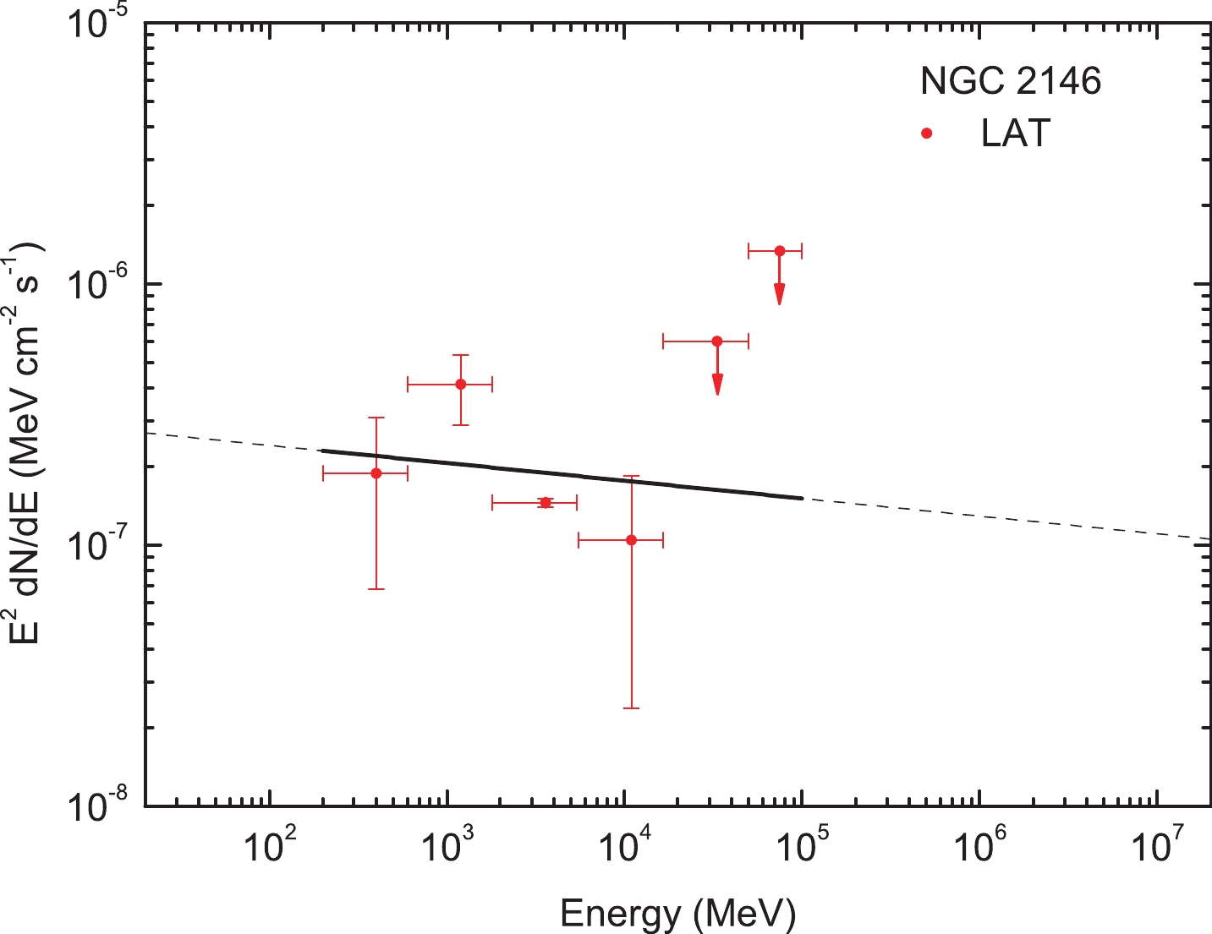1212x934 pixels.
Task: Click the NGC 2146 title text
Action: [x=1011, y=81]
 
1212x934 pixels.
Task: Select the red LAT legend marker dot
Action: [x=927, y=134]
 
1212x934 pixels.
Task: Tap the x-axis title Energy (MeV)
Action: [x=677, y=914]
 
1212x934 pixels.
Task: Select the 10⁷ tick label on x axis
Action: [x=1155, y=846]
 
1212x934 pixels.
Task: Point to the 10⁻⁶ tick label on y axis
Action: [x=101, y=286]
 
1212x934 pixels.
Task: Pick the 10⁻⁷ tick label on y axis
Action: [x=101, y=546]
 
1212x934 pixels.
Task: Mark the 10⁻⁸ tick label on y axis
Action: [x=101, y=806]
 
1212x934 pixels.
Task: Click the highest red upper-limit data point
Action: [x=780, y=251]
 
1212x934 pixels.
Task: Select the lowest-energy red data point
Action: [x=376, y=473]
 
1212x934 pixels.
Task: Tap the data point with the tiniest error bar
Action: [x=546, y=503]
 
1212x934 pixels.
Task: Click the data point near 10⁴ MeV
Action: [x=631, y=539]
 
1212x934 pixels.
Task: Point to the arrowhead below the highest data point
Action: [x=780, y=294]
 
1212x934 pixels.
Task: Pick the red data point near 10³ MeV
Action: [x=461, y=384]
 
